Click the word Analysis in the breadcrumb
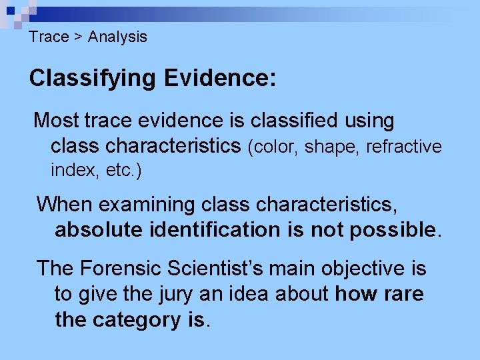[x=117, y=37]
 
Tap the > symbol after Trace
[x=78, y=37]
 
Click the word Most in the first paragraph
[x=56, y=121]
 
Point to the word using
[x=369, y=121]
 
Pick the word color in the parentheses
[x=273, y=147]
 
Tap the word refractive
[x=404, y=147]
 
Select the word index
[x=73, y=171]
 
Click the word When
[x=65, y=204]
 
